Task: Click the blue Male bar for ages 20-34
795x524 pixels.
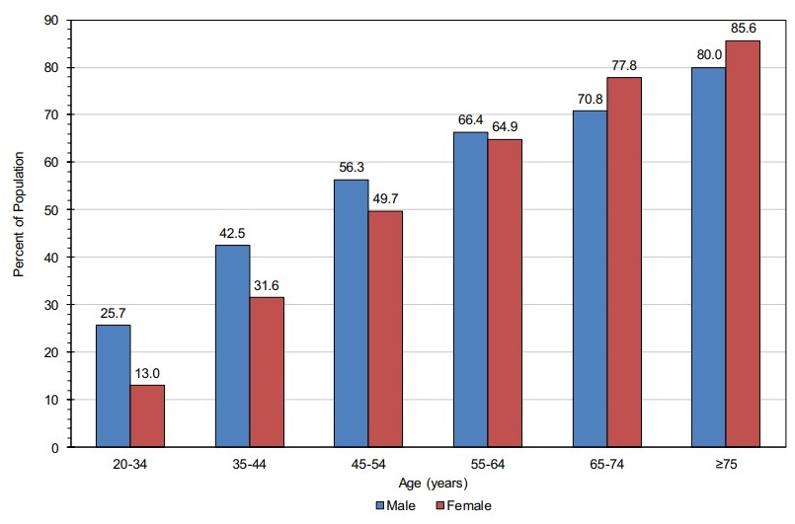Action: point(113,386)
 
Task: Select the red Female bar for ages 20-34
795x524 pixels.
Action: point(147,415)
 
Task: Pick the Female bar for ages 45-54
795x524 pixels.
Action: point(385,329)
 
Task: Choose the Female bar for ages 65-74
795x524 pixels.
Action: point(623,262)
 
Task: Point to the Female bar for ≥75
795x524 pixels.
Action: point(743,244)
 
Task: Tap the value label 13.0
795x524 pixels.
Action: point(147,375)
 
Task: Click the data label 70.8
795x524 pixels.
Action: point(589,101)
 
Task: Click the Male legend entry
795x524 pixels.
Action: point(395,505)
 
